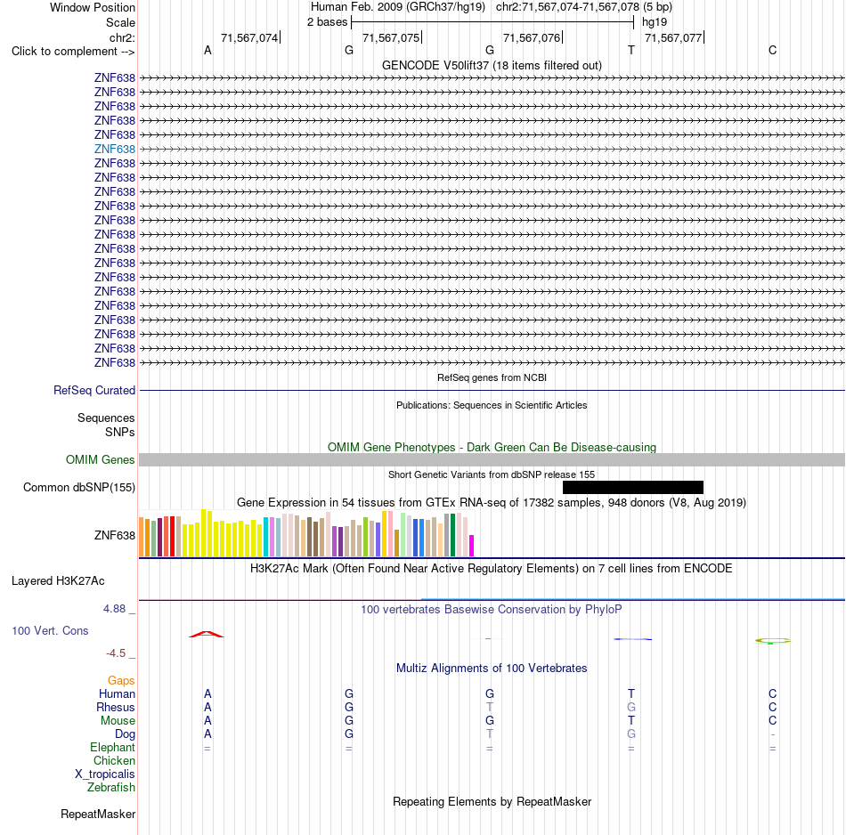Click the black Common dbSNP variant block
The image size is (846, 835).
tap(633, 487)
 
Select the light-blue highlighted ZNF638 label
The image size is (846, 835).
tap(114, 149)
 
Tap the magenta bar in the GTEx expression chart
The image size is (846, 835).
tap(472, 546)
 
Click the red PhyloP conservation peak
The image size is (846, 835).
tap(206, 634)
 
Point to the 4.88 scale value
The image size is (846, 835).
tap(114, 609)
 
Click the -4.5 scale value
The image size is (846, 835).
tap(116, 653)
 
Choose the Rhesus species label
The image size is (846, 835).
tap(116, 707)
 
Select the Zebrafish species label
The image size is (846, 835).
tap(111, 787)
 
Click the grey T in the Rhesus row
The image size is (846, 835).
tap(490, 707)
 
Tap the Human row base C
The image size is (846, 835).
tap(773, 693)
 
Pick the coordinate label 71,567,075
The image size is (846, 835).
tap(391, 37)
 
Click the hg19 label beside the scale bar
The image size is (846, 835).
tap(655, 22)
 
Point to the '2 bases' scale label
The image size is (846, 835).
tap(328, 22)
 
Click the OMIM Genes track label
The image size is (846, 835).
tap(101, 459)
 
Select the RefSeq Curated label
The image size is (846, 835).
tap(94, 390)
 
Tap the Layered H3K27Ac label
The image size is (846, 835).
tap(58, 581)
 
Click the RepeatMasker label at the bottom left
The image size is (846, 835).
tap(98, 814)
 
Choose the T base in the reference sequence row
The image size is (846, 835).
tap(631, 50)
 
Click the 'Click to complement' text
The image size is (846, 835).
tap(64, 52)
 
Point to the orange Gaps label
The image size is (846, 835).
tap(121, 681)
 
